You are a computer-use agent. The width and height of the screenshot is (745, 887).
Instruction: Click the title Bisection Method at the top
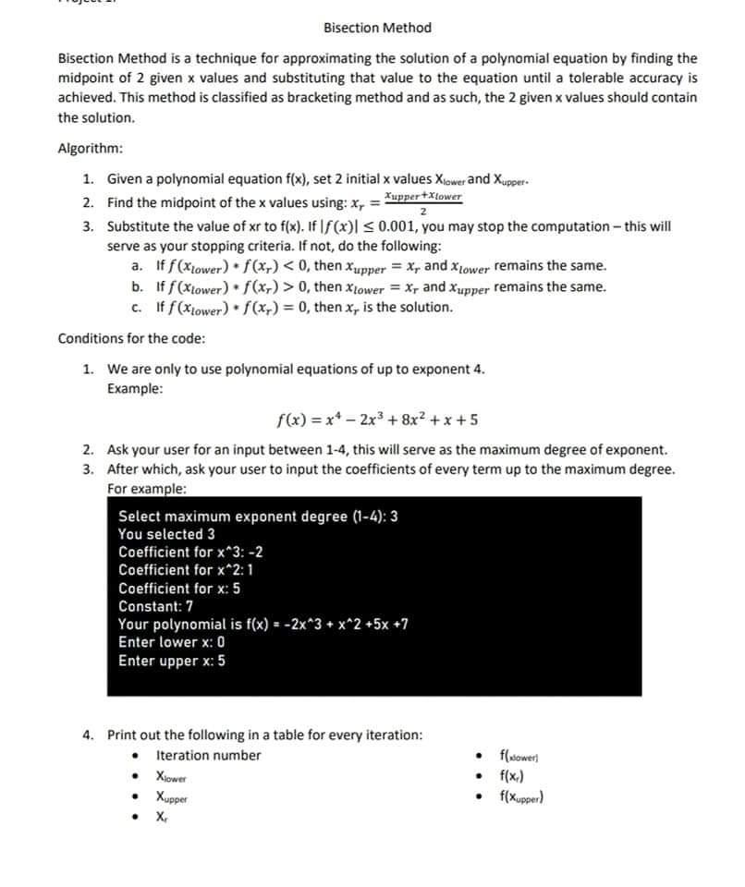click(377, 28)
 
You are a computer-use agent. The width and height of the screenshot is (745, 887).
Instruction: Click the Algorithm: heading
click(91, 149)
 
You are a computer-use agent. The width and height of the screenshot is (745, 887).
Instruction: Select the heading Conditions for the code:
click(131, 337)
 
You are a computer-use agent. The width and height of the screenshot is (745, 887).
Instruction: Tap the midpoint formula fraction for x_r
click(422, 202)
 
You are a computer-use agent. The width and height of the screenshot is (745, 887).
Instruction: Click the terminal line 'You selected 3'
click(167, 534)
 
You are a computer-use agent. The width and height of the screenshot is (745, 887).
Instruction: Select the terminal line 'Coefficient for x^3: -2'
click(190, 552)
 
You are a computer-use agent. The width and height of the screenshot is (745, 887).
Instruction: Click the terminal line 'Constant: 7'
click(156, 606)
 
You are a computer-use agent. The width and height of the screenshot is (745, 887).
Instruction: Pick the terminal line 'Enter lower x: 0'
click(172, 642)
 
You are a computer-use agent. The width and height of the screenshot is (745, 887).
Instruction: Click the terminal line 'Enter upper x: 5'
click(172, 661)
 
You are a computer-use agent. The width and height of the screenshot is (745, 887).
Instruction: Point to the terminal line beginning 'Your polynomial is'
click(263, 624)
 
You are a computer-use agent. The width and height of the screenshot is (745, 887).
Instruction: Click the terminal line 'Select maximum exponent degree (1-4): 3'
click(259, 516)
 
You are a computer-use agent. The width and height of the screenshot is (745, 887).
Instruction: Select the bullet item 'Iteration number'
click(209, 756)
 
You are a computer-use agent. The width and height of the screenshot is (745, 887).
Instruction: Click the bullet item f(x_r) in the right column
click(513, 775)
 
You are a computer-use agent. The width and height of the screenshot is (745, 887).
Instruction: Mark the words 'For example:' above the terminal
click(147, 488)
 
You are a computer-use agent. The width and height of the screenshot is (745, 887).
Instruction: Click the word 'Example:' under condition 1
click(135, 389)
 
